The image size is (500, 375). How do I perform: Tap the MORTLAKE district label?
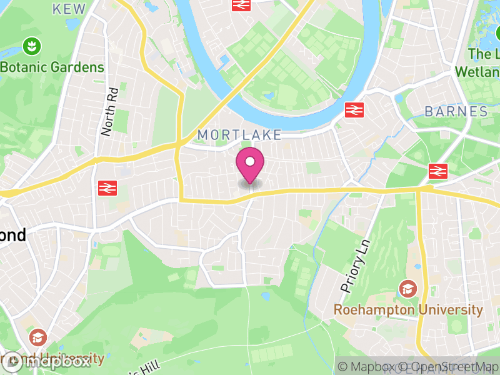239,135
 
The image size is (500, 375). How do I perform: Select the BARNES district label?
456,112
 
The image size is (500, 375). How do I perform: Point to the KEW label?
69,8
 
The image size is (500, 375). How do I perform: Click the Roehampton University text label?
408,310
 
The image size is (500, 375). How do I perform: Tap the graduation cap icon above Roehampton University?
408,289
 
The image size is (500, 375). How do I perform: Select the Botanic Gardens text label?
52,67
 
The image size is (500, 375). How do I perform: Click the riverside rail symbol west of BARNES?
354,110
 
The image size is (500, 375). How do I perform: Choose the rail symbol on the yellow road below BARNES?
437,171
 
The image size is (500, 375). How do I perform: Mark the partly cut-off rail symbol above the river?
241,4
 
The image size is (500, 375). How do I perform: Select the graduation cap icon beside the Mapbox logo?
38,337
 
